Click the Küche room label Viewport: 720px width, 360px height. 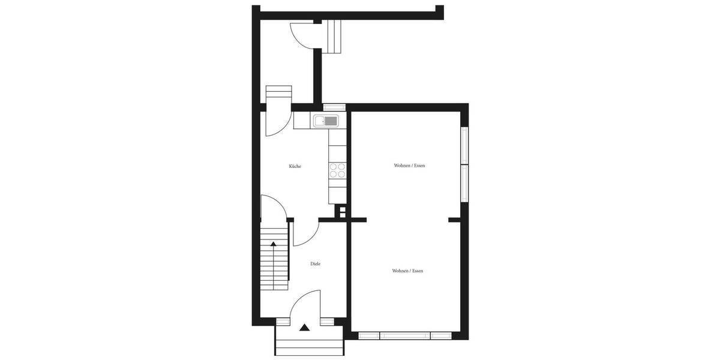(x=295, y=166)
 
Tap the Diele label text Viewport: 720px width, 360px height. (x=315, y=264)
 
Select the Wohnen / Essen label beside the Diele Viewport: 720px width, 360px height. (x=407, y=271)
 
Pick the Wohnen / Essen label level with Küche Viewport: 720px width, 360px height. (x=409, y=166)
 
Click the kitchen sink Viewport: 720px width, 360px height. (x=326, y=121)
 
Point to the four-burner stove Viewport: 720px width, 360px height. (x=338, y=171)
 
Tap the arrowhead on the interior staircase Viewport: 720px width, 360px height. (x=274, y=244)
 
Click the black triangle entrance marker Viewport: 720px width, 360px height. (x=305, y=328)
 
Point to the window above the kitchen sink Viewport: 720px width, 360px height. (x=335, y=107)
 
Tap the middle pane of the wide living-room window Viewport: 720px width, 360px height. (x=405, y=335)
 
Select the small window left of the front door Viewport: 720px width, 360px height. (x=282, y=322)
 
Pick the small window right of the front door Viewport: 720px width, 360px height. (x=327, y=322)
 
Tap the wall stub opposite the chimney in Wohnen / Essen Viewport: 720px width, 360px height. (x=455, y=220)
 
